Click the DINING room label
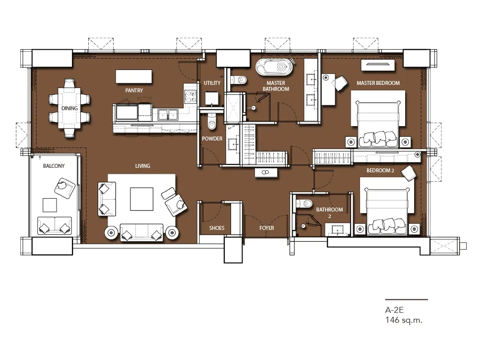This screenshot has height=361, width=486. pyautogui.click(x=69, y=108)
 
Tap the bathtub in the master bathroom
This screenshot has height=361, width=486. pyautogui.click(x=274, y=67)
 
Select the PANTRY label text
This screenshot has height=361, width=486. pyautogui.click(x=134, y=90)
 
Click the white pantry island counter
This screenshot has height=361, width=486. pyautogui.click(x=134, y=76)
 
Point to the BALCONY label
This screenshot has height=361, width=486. pyautogui.click(x=54, y=166)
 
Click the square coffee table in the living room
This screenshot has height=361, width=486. pyautogui.click(x=142, y=199)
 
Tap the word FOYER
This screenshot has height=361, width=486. pyautogui.click(x=267, y=228)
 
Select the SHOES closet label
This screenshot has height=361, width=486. pyautogui.click(x=217, y=228)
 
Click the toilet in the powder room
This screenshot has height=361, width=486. pyautogui.click(x=212, y=121)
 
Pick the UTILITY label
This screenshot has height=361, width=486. pyautogui.click(x=212, y=83)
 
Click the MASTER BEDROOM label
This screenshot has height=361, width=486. pyautogui.click(x=378, y=83)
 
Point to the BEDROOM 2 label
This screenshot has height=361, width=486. pyautogui.click(x=380, y=170)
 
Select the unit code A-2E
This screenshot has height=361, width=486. pyautogui.click(x=395, y=310)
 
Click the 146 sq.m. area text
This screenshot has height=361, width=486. pyautogui.click(x=404, y=320)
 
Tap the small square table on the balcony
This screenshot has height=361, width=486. pyautogui.click(x=50, y=205)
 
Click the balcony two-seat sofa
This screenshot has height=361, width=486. pyautogui.click(x=55, y=225)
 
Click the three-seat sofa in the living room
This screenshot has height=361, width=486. pyautogui.click(x=141, y=231)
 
